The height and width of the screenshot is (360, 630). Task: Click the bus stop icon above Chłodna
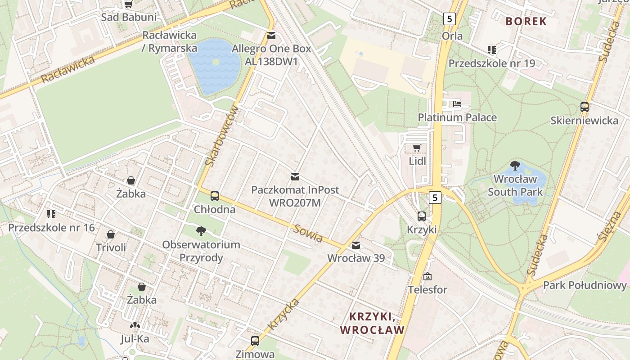[215, 196]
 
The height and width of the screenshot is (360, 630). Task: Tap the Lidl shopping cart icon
[417, 148]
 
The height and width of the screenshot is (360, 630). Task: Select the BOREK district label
[526, 21]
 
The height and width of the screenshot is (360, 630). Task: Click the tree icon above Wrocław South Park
[515, 166]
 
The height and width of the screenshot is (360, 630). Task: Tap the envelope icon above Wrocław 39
[356, 245]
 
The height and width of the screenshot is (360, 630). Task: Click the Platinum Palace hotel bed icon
[457, 104]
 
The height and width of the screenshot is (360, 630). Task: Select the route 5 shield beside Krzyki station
[434, 197]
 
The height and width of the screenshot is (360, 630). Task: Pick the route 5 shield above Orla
[449, 19]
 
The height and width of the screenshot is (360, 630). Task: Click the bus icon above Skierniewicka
[584, 107]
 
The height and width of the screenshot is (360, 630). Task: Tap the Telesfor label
[427, 290]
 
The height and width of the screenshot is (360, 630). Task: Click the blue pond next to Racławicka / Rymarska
[215, 67]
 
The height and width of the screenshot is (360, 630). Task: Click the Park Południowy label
[585, 285]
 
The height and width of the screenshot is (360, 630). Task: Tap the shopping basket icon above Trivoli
[111, 234]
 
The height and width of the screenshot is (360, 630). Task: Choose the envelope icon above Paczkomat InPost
[295, 177]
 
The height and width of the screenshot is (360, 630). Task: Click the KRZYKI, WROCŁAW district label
[372, 323]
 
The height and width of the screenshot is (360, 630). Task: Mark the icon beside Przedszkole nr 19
[491, 50]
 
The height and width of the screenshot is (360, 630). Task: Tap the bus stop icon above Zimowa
[255, 341]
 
